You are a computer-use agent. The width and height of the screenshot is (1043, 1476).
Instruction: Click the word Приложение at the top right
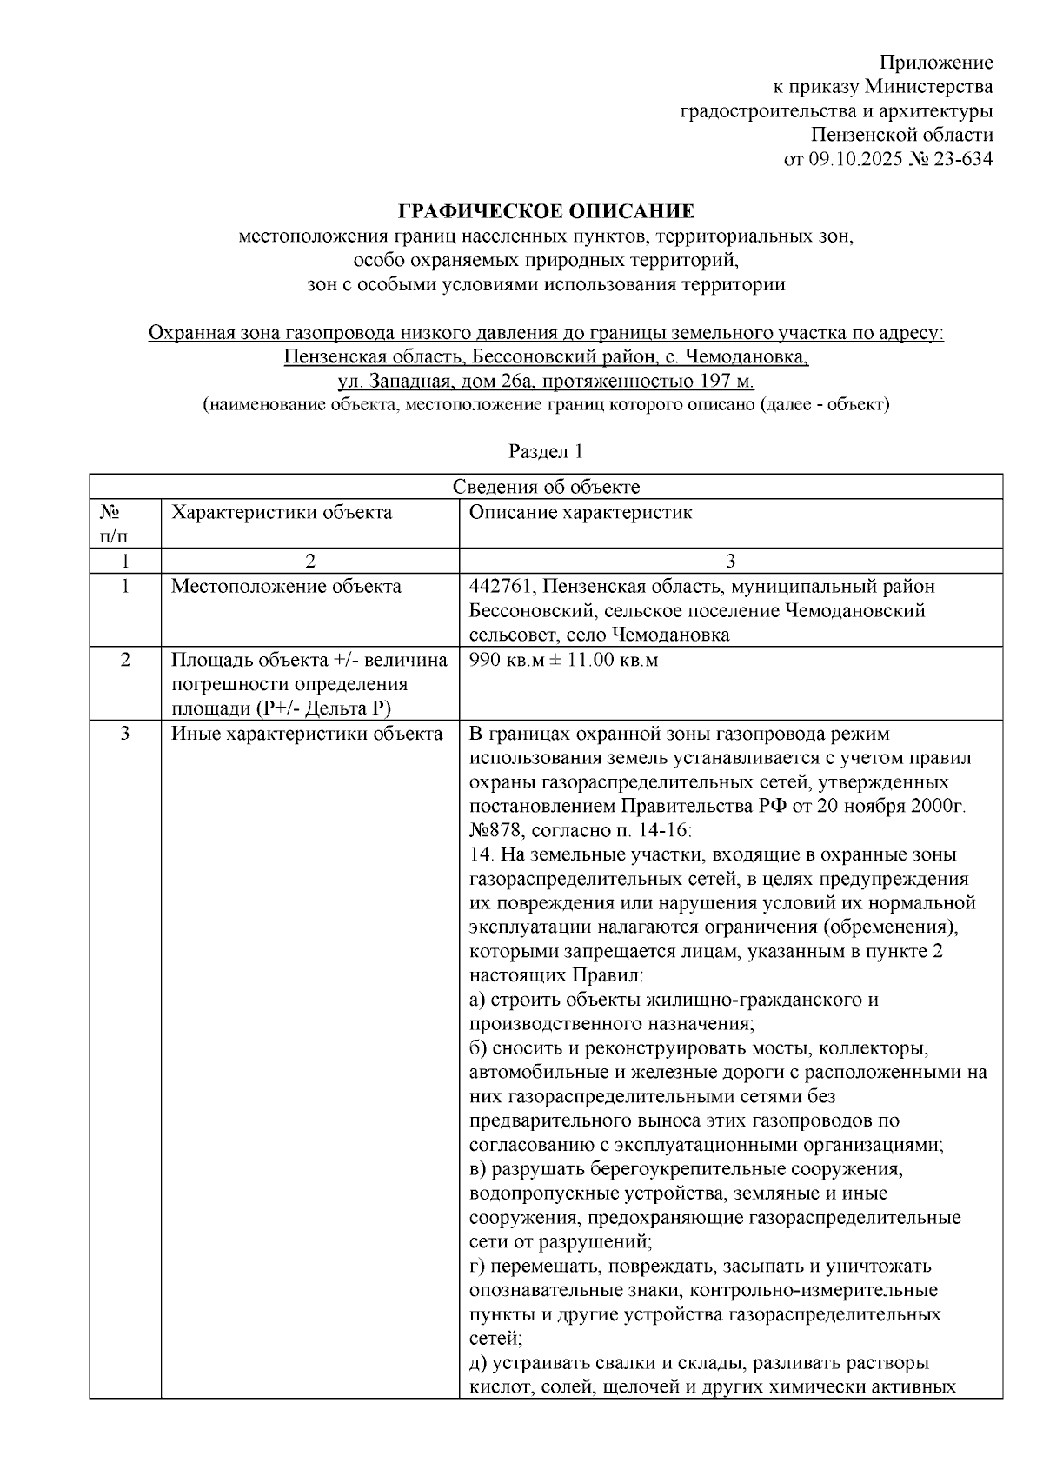936,63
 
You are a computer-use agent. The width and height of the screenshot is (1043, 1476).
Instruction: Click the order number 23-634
960,159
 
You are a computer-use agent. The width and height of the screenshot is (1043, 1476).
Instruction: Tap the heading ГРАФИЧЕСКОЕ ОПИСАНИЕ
546,211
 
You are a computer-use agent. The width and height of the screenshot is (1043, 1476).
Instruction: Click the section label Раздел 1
545,452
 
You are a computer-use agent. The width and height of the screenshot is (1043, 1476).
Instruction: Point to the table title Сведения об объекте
546,487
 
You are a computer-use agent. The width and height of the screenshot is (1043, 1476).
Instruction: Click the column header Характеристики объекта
281,512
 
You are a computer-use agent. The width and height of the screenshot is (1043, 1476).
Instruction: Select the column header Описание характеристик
581,512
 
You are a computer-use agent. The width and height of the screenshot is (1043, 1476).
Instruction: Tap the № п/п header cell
110,524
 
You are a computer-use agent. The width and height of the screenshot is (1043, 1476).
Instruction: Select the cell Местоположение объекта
286,587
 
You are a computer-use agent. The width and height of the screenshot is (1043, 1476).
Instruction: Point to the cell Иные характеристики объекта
307,734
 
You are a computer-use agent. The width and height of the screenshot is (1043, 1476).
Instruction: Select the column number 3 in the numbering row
730,561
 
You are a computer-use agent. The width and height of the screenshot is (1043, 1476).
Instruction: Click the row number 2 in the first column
125,661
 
